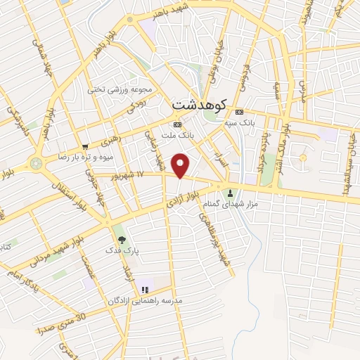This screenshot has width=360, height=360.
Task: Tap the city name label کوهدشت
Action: [199, 104]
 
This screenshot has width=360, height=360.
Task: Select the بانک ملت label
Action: [176, 134]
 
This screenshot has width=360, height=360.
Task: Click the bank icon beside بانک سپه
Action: [240, 112]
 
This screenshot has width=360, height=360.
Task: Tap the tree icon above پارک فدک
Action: [122, 240]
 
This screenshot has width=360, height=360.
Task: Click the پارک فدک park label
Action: [119, 250]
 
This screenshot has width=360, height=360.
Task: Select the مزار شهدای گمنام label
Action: [240, 204]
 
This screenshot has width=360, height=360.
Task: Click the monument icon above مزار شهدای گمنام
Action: [231, 193]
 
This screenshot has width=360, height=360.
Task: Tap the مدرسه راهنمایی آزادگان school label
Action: [145, 300]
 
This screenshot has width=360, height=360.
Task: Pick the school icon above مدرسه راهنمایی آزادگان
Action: [146, 289]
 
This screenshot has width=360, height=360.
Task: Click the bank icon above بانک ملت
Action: [176, 124]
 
